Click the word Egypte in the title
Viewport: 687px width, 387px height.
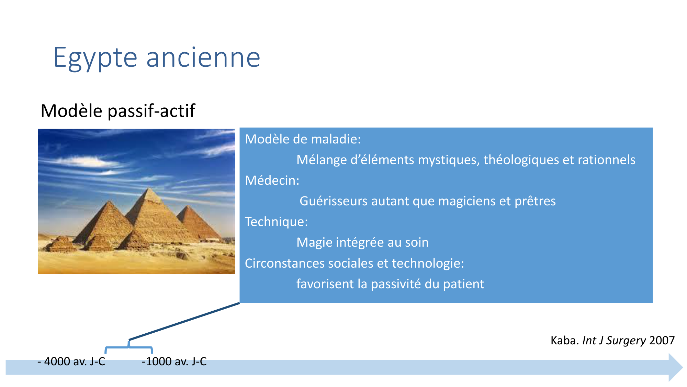[x=95, y=58]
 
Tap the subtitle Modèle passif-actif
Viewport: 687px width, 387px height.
[x=118, y=111]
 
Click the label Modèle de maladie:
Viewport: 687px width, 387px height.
[x=303, y=139]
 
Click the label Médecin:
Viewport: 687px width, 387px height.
[x=272, y=180]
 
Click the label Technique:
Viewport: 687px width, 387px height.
[x=276, y=222]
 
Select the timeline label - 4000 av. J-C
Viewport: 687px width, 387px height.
[x=71, y=362]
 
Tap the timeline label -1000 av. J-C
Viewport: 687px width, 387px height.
[x=174, y=362]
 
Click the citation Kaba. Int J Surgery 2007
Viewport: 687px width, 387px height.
[x=612, y=341]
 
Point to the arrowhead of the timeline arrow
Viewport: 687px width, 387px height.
[x=683, y=367]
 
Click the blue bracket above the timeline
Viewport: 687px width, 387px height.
[x=129, y=347]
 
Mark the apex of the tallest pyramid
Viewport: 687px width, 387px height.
[x=148, y=187]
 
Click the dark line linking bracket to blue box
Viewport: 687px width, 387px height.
[x=184, y=321]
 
